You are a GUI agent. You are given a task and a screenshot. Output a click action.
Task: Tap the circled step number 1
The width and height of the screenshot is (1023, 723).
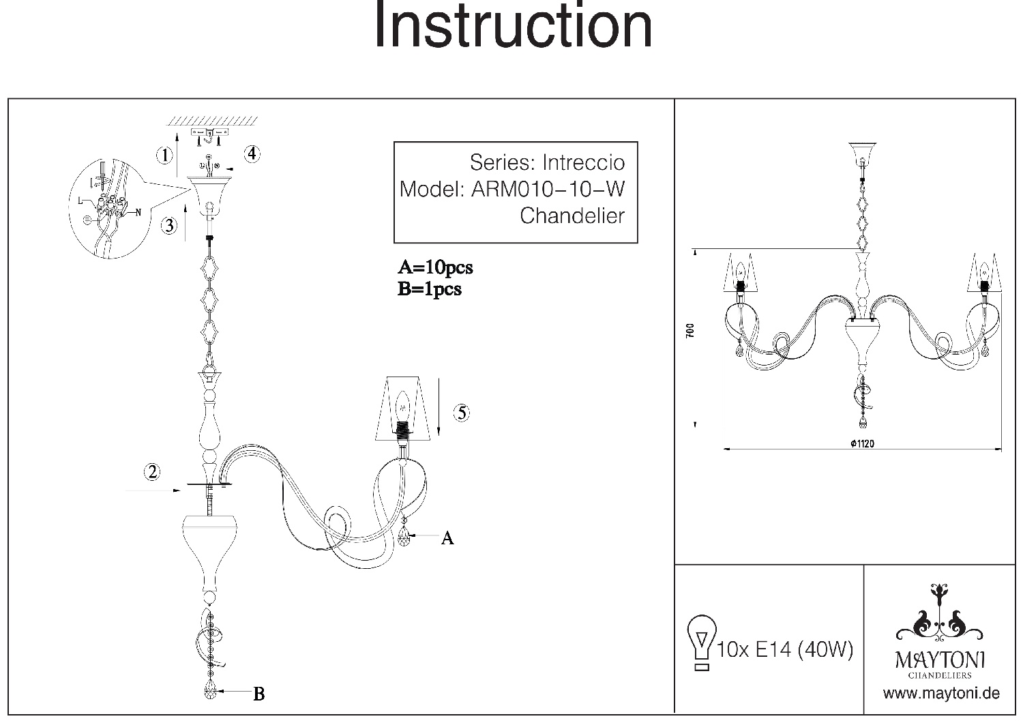click(x=164, y=156)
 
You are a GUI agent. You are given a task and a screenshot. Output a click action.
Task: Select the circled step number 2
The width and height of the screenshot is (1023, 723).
click(x=152, y=471)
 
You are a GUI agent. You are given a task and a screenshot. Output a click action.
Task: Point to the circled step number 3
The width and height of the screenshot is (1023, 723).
click(x=170, y=225)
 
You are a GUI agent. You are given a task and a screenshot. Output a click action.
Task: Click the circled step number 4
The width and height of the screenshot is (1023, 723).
click(x=252, y=153)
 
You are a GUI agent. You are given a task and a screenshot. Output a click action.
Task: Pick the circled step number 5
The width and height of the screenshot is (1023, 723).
click(x=462, y=413)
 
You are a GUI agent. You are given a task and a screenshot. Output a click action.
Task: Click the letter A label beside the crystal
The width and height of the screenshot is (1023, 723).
click(x=447, y=538)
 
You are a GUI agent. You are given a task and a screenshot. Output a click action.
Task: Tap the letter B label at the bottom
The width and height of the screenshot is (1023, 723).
click(x=258, y=694)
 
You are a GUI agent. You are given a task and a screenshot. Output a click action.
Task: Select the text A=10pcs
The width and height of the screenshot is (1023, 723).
click(x=435, y=267)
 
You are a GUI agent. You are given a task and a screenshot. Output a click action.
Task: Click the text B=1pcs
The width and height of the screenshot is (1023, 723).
click(x=430, y=289)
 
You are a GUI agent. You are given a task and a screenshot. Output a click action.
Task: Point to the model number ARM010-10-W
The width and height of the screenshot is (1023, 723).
click(x=548, y=189)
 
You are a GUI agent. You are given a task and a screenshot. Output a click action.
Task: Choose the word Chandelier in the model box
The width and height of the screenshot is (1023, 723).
click(x=572, y=216)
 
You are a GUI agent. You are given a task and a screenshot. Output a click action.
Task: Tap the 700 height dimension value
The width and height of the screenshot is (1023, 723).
click(x=690, y=331)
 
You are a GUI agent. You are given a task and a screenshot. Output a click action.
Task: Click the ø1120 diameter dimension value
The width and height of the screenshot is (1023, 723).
click(x=863, y=443)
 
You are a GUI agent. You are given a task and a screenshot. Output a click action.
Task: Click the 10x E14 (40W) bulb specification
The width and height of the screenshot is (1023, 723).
click(x=785, y=649)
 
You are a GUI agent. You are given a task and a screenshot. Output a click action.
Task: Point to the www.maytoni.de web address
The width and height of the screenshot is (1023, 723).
click(x=941, y=694)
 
